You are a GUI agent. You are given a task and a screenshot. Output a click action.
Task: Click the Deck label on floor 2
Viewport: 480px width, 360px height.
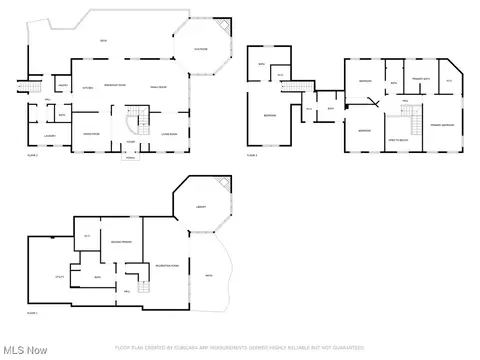click(x=103, y=40)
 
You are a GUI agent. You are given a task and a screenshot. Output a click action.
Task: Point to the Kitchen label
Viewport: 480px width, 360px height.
click(x=87, y=88)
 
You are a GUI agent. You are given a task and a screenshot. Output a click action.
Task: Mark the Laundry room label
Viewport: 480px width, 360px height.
click(x=48, y=134)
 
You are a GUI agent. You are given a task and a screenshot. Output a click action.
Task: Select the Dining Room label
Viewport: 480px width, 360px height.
click(x=90, y=133)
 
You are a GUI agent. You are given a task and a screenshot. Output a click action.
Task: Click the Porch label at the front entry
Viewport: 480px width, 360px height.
click(x=130, y=157)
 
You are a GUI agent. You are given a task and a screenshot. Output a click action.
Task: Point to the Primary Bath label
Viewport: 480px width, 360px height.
click(x=422, y=79)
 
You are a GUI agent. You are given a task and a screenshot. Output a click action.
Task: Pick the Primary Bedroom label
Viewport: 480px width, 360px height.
click(x=440, y=124)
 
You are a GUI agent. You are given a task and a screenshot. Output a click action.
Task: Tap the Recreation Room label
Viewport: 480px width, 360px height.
click(x=166, y=266)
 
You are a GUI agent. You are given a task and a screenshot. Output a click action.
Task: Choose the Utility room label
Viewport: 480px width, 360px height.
click(x=46, y=275)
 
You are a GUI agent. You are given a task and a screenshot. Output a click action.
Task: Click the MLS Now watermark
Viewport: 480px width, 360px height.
click(x=24, y=350)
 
